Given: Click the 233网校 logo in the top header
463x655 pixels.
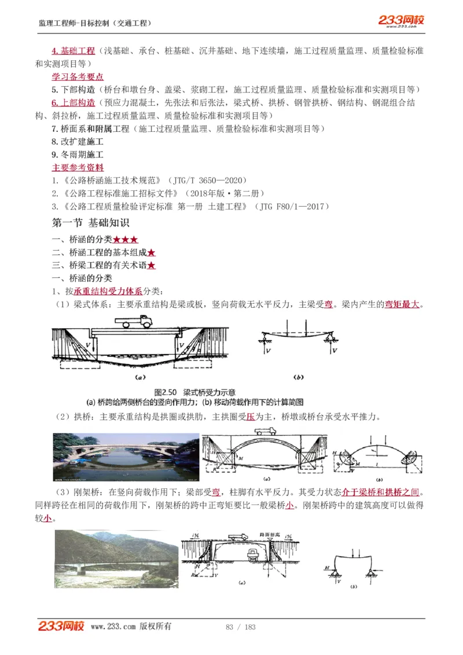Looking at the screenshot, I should tap(401, 21).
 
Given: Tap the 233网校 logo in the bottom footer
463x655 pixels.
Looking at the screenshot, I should tap(61, 626).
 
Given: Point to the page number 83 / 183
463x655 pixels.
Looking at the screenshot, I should tap(240, 627).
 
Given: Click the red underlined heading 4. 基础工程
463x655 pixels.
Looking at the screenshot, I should tap(73, 51).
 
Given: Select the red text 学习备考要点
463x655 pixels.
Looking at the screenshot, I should tap(78, 76).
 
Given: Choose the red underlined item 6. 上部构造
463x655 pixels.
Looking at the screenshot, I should tap(73, 102).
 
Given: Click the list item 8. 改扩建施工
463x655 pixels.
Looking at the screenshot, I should tap(78, 142).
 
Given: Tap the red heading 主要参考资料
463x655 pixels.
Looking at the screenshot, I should tap(78, 168).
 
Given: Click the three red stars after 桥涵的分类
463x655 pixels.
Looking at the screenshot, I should tap(126, 240).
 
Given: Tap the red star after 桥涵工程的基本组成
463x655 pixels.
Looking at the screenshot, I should tap(152, 253).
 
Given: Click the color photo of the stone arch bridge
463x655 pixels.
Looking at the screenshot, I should tap(126, 458).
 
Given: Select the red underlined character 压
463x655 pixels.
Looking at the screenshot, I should tap(249, 417).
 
